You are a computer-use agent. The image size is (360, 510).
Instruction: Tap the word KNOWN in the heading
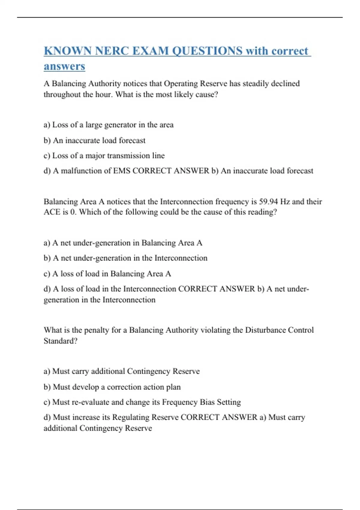(x=68, y=51)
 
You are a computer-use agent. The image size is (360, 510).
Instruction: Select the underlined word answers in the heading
(x=64, y=66)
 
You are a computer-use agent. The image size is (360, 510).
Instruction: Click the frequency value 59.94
(x=268, y=201)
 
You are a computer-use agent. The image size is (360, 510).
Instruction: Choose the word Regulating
(x=130, y=417)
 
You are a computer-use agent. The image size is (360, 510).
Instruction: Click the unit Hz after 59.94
(x=285, y=201)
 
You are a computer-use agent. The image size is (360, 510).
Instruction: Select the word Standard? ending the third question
(x=60, y=341)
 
